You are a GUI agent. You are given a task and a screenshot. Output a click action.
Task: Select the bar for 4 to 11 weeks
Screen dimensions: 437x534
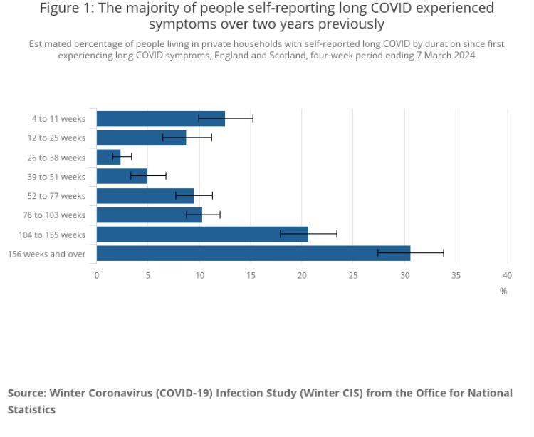160,118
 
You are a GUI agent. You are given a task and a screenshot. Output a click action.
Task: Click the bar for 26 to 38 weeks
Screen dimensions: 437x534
108,157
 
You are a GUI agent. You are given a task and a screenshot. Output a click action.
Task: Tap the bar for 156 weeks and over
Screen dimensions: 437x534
253,253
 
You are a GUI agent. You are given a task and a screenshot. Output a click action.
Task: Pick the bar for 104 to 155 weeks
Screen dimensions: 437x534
202,234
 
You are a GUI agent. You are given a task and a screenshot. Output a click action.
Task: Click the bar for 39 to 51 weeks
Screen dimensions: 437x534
122,176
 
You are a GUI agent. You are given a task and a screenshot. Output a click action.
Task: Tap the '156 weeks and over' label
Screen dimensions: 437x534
46,253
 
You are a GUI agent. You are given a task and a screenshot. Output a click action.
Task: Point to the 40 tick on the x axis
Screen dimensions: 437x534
508,274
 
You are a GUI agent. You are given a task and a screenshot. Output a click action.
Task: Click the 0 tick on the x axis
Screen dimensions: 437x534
97,274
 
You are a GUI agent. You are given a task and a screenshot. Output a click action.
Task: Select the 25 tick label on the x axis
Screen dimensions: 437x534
354,274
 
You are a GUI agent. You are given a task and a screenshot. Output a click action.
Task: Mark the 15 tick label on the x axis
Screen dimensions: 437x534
251,274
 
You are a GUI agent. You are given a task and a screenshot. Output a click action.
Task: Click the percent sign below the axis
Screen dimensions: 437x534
503,291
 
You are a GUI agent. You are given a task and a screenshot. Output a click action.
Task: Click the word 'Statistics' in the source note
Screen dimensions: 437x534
31,410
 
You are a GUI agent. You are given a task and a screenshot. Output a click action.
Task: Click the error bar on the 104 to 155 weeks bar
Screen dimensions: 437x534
308,234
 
